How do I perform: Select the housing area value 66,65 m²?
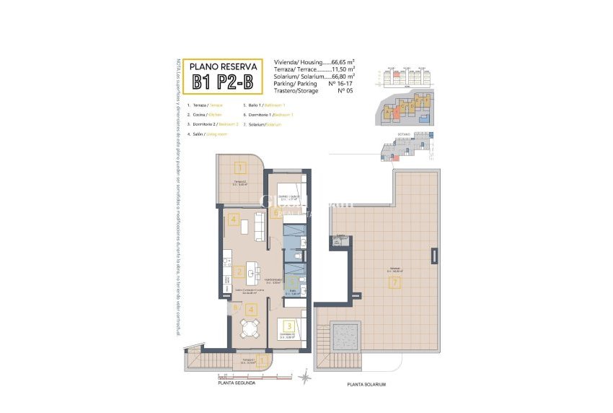pyautogui.click(x=348, y=62)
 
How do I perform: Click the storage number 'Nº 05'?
pyautogui.click(x=344, y=91)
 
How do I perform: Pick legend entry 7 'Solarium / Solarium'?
pyautogui.click(x=263, y=124)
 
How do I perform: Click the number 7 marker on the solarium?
pyautogui.click(x=393, y=282)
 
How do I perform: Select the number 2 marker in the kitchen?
pyautogui.click(x=239, y=272)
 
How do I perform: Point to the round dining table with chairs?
pyautogui.click(x=250, y=330)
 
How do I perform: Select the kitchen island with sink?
pyautogui.click(x=252, y=271)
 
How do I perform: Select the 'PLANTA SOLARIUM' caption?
pyautogui.click(x=366, y=384)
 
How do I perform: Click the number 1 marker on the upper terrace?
pyautogui.click(x=239, y=168)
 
